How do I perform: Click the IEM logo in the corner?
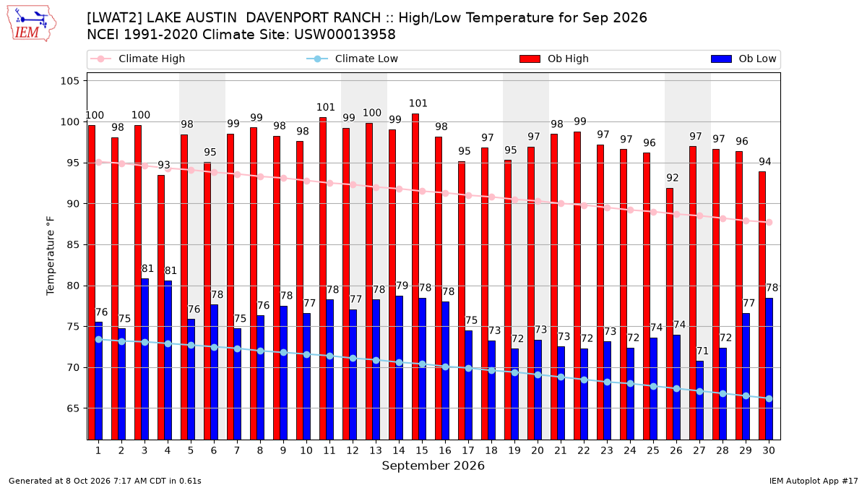[32, 24]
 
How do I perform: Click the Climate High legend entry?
[137, 59]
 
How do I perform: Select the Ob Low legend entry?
[743, 59]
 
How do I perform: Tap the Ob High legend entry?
[554, 59]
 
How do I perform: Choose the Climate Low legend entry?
[352, 59]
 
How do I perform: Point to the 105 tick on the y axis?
[69, 81]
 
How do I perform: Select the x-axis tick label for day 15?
[422, 450]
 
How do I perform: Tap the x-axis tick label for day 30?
[769, 450]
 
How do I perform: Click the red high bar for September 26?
[670, 314]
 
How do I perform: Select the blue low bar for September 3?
[144, 359]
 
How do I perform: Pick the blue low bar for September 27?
[700, 401]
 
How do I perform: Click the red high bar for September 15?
[415, 276]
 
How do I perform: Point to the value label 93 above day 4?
[164, 165]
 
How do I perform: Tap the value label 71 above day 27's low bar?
[702, 351]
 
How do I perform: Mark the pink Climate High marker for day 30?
[769, 223]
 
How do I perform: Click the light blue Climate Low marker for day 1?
[99, 339]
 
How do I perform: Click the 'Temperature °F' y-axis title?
[51, 256]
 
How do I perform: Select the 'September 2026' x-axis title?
[433, 466]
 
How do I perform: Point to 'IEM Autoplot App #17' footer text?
[814, 481]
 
